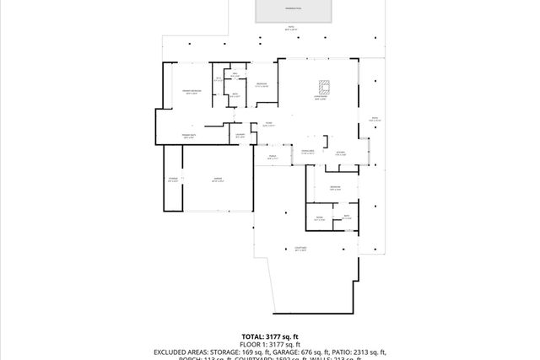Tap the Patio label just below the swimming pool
[x=292, y=28]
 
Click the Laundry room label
[x=240, y=136]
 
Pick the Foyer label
[x=268, y=124]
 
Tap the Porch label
[x=273, y=157]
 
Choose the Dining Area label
[x=308, y=152]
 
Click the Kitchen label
[x=341, y=153]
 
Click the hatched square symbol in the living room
[x=324, y=85]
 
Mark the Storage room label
[x=173, y=180]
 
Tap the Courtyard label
[x=300, y=249]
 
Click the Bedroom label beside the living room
[x=262, y=84]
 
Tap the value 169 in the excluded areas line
[x=252, y=352]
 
